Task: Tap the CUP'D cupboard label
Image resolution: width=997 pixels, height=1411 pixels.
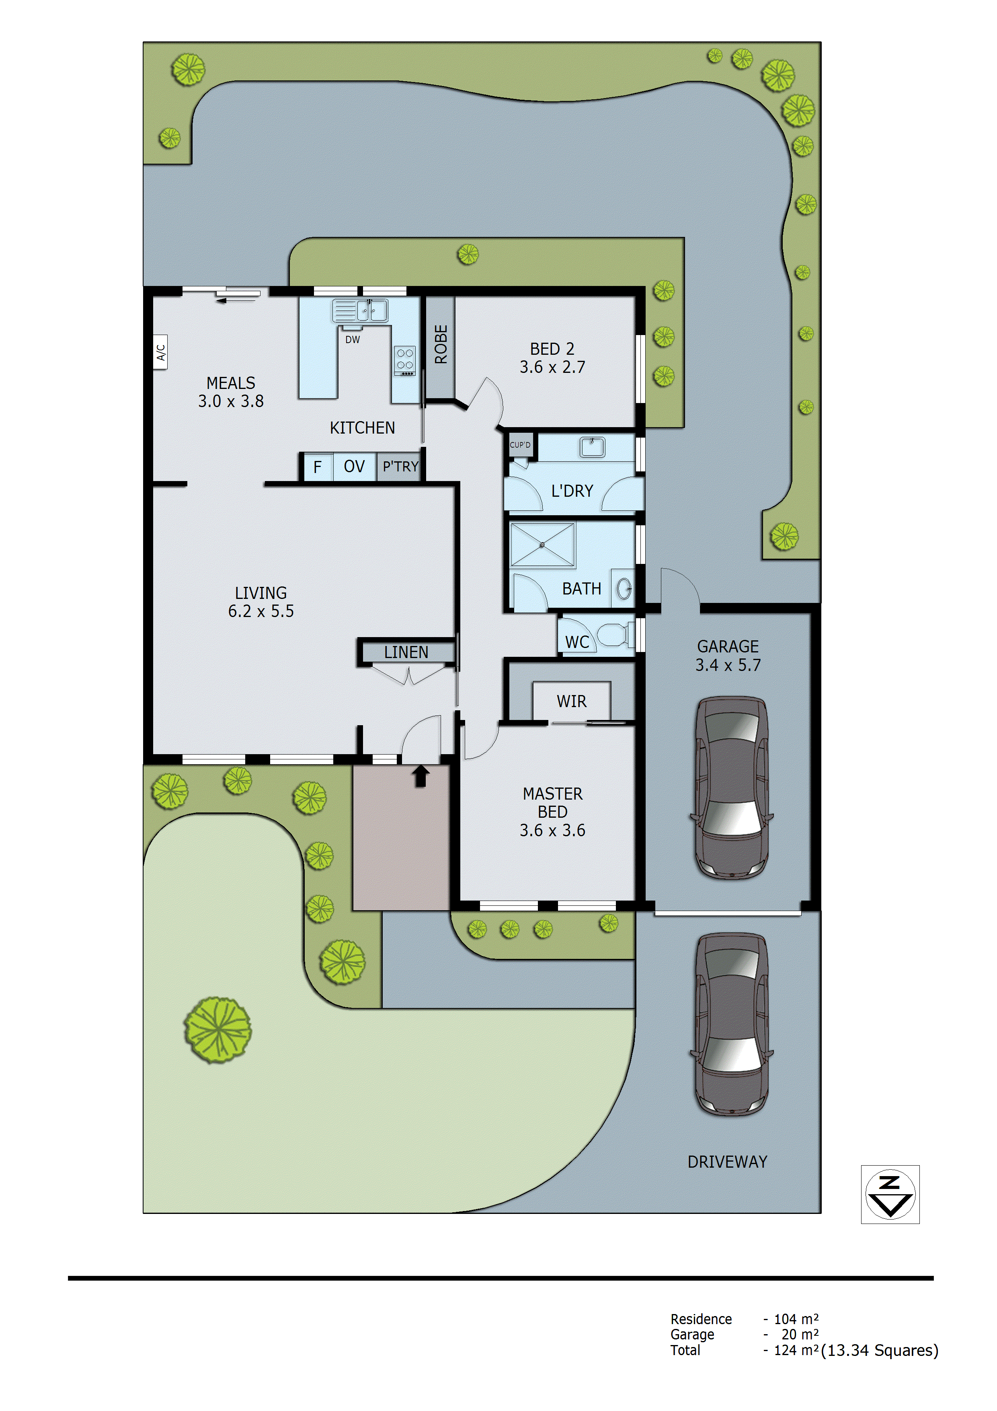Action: click(520, 445)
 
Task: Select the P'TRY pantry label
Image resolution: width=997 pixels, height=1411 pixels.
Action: click(400, 467)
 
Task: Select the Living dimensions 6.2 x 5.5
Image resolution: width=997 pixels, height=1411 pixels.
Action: click(261, 611)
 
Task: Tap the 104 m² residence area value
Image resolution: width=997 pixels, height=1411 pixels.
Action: click(796, 1319)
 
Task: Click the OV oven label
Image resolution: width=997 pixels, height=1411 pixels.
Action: click(355, 467)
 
